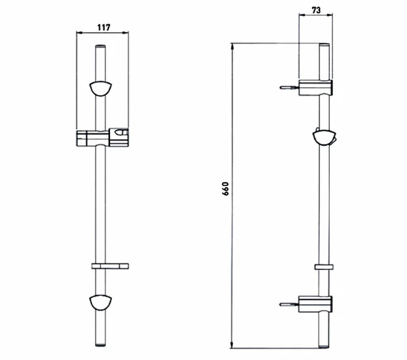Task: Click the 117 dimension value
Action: pyautogui.click(x=104, y=27)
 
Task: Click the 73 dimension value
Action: pyautogui.click(x=316, y=10)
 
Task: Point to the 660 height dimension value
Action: pyautogui.click(x=226, y=189)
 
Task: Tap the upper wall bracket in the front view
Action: pyautogui.click(x=101, y=89)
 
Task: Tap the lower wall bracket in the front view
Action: pyautogui.click(x=101, y=303)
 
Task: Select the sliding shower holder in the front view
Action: pyautogui.click(x=103, y=137)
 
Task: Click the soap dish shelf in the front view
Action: pyautogui.click(x=110, y=266)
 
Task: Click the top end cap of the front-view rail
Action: pyautogui.click(x=101, y=46)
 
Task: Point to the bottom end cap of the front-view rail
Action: pyautogui.click(x=101, y=344)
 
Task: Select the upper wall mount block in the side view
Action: pyautogui.click(x=316, y=88)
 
